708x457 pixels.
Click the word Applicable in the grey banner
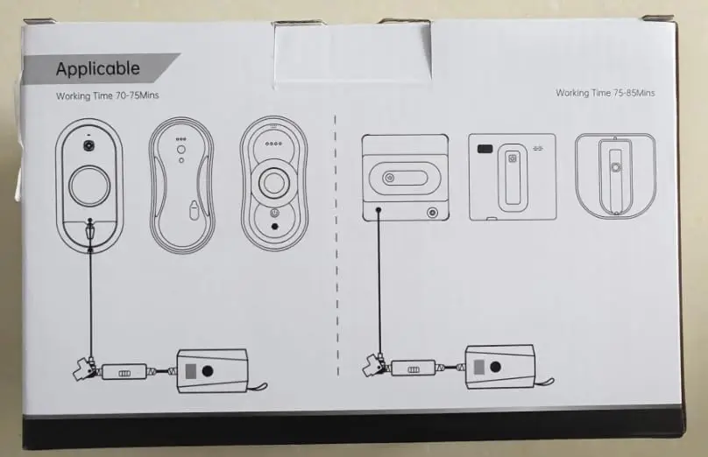[97, 68]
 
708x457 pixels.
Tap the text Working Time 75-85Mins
[605, 92]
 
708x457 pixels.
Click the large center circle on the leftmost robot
[89, 186]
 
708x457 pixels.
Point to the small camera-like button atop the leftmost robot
[88, 143]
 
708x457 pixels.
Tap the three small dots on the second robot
[181, 139]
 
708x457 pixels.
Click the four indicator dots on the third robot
[273, 144]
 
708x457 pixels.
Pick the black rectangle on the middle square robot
[484, 150]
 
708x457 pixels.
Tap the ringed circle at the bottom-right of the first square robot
[431, 212]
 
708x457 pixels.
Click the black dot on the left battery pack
[207, 370]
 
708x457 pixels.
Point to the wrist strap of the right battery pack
[542, 382]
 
